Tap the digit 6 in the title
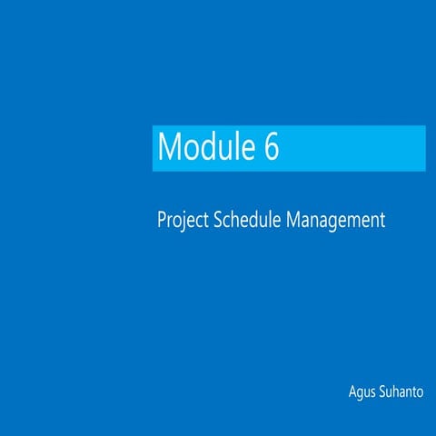[272, 147]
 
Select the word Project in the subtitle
[183, 221]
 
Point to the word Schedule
[248, 220]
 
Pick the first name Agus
[361, 393]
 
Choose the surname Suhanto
[402, 392]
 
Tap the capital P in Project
[162, 220]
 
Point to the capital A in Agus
[352, 392]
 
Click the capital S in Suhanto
[382, 392]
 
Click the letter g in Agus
[360, 395]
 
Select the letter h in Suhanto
[395, 392]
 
